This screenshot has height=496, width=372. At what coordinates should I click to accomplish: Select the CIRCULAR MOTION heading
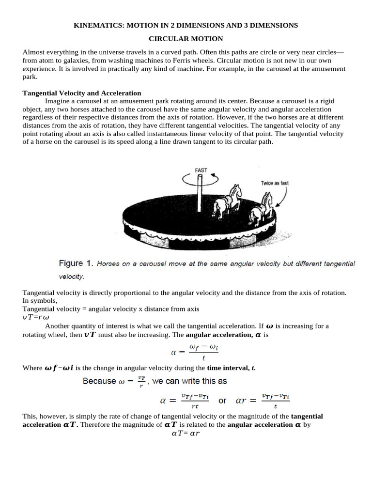click(186, 38)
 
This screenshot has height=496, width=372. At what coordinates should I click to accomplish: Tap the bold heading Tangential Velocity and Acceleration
click(82, 93)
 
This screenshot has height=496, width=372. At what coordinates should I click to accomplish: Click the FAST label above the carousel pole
click(201, 170)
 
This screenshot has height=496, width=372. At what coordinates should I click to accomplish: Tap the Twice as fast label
click(275, 183)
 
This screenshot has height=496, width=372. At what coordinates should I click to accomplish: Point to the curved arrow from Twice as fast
click(283, 197)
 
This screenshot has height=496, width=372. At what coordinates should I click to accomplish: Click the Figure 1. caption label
click(76, 263)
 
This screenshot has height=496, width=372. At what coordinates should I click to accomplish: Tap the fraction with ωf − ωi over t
click(203, 352)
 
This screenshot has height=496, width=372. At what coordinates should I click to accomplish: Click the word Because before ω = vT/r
click(99, 381)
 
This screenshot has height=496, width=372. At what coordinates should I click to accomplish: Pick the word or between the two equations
click(222, 401)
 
